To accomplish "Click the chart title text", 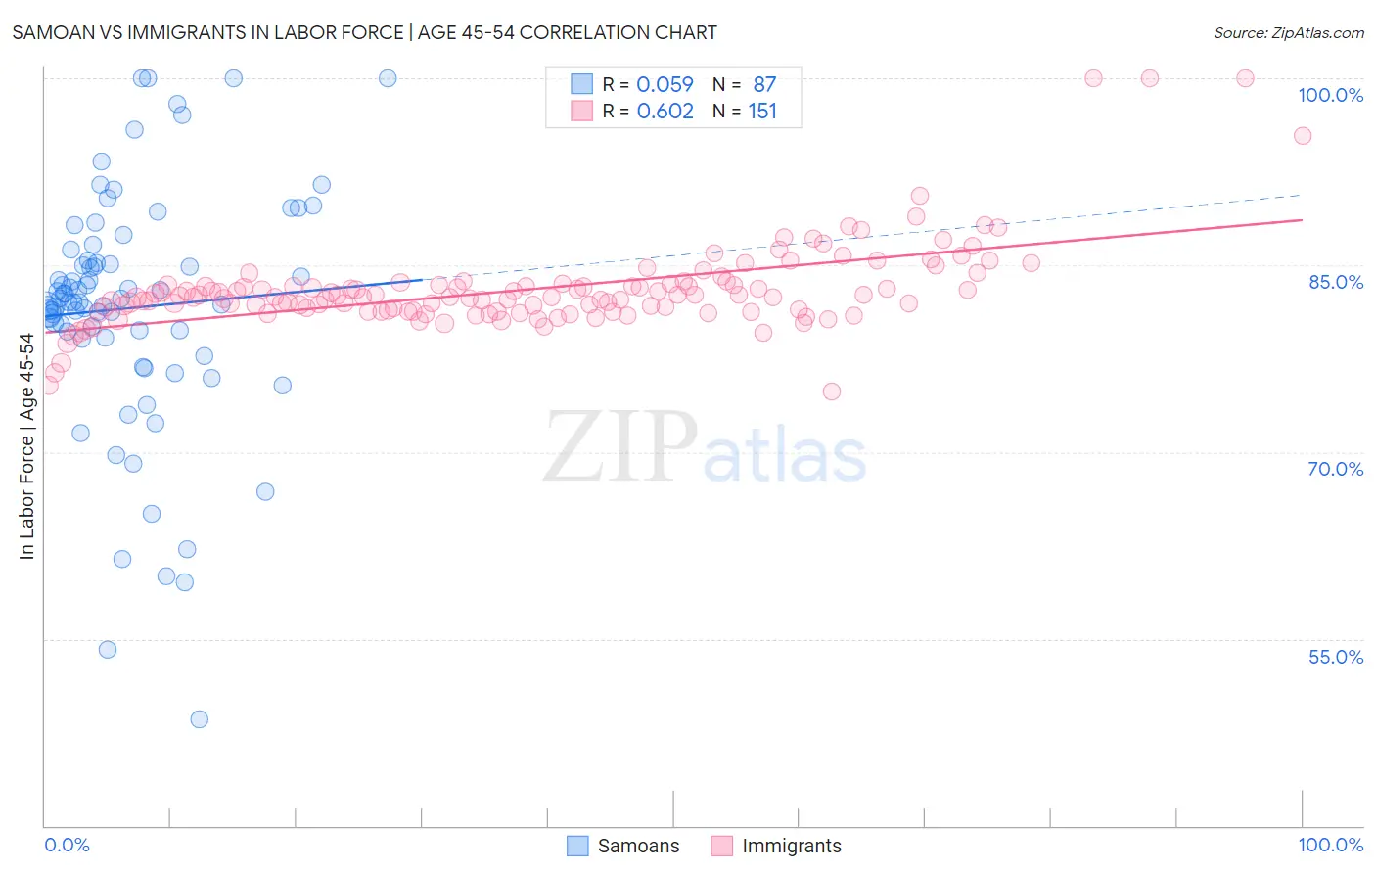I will pyautogui.click(x=364, y=32).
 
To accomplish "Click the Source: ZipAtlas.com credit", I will pyautogui.click(x=1288, y=32).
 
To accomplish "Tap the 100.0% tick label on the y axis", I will pyautogui.click(x=1330, y=95).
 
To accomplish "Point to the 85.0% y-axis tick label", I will pyautogui.click(x=1335, y=282).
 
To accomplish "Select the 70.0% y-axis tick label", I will pyautogui.click(x=1335, y=469).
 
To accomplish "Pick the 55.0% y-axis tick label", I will pyautogui.click(x=1335, y=657).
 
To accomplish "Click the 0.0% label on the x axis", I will pyautogui.click(x=67, y=845).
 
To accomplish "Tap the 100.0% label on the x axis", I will pyautogui.click(x=1330, y=845).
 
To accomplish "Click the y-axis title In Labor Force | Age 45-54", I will pyautogui.click(x=26, y=446).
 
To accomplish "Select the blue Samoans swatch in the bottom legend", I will pyautogui.click(x=578, y=846).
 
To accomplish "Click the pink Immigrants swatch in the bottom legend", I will pyautogui.click(x=722, y=846).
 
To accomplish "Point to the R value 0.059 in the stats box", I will pyautogui.click(x=665, y=84).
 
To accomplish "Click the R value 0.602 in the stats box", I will pyautogui.click(x=665, y=111).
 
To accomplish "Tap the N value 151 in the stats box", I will pyautogui.click(x=762, y=111).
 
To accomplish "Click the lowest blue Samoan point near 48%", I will pyautogui.click(x=199, y=719).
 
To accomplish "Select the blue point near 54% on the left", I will pyautogui.click(x=108, y=650).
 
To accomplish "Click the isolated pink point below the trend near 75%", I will pyautogui.click(x=832, y=391).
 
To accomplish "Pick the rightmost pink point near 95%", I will pyautogui.click(x=1302, y=136).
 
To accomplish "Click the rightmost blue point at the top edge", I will pyautogui.click(x=388, y=78).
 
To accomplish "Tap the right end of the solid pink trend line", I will pyautogui.click(x=1302, y=220).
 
